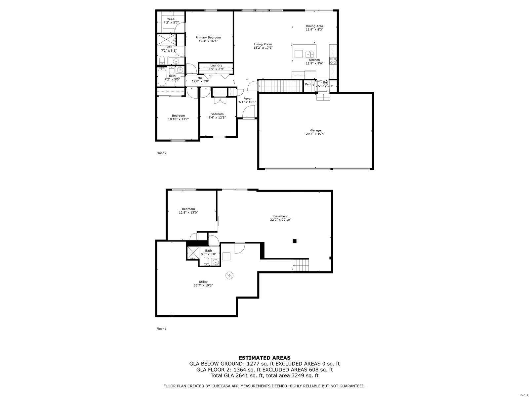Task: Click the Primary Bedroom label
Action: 208,37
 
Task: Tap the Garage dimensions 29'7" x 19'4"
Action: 315,134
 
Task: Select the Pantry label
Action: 310,84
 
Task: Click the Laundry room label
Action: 216,66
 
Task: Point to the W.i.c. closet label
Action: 171,19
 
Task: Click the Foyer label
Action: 247,99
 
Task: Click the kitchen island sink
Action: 309,54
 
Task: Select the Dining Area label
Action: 314,26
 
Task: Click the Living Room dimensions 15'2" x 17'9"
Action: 263,48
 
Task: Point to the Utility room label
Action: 203,282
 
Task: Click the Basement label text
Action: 280,216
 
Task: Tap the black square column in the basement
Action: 295,241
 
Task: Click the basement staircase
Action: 301,265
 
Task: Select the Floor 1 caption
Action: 161,329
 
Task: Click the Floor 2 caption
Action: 161,153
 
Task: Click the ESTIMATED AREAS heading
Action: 264,358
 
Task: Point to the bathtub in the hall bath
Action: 162,77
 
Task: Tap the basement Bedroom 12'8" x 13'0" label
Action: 188,211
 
